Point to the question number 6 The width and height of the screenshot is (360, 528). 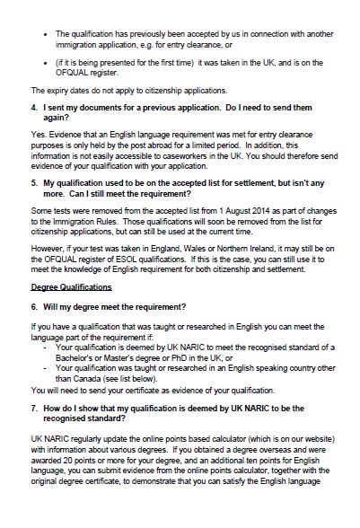pyautogui.click(x=33, y=307)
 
